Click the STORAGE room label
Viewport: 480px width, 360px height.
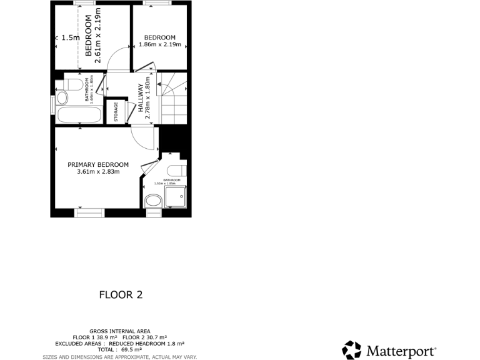coord(116,112)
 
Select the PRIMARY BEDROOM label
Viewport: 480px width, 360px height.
coord(98,164)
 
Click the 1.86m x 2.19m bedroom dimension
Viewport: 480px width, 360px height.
coord(159,45)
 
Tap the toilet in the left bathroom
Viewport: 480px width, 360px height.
coord(61,98)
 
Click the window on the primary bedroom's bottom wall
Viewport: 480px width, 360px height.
coord(90,213)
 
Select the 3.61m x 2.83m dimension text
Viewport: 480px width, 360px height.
coord(98,172)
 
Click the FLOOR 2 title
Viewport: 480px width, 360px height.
coord(121,295)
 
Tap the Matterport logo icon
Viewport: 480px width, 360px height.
coord(351,351)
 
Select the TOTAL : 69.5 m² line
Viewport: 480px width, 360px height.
coord(119,350)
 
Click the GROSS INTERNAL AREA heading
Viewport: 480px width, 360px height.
coord(119,331)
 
